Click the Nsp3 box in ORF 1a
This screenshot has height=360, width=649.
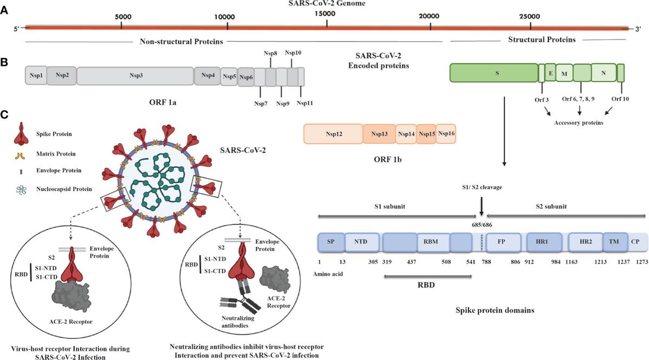[135, 76]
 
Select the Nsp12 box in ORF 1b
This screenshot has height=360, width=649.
[333, 134]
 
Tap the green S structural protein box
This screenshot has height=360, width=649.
[494, 72]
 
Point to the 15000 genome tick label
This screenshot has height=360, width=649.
[326, 14]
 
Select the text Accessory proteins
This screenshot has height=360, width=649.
[579, 123]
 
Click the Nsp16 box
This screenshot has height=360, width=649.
[446, 134]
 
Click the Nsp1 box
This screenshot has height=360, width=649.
[36, 76]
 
